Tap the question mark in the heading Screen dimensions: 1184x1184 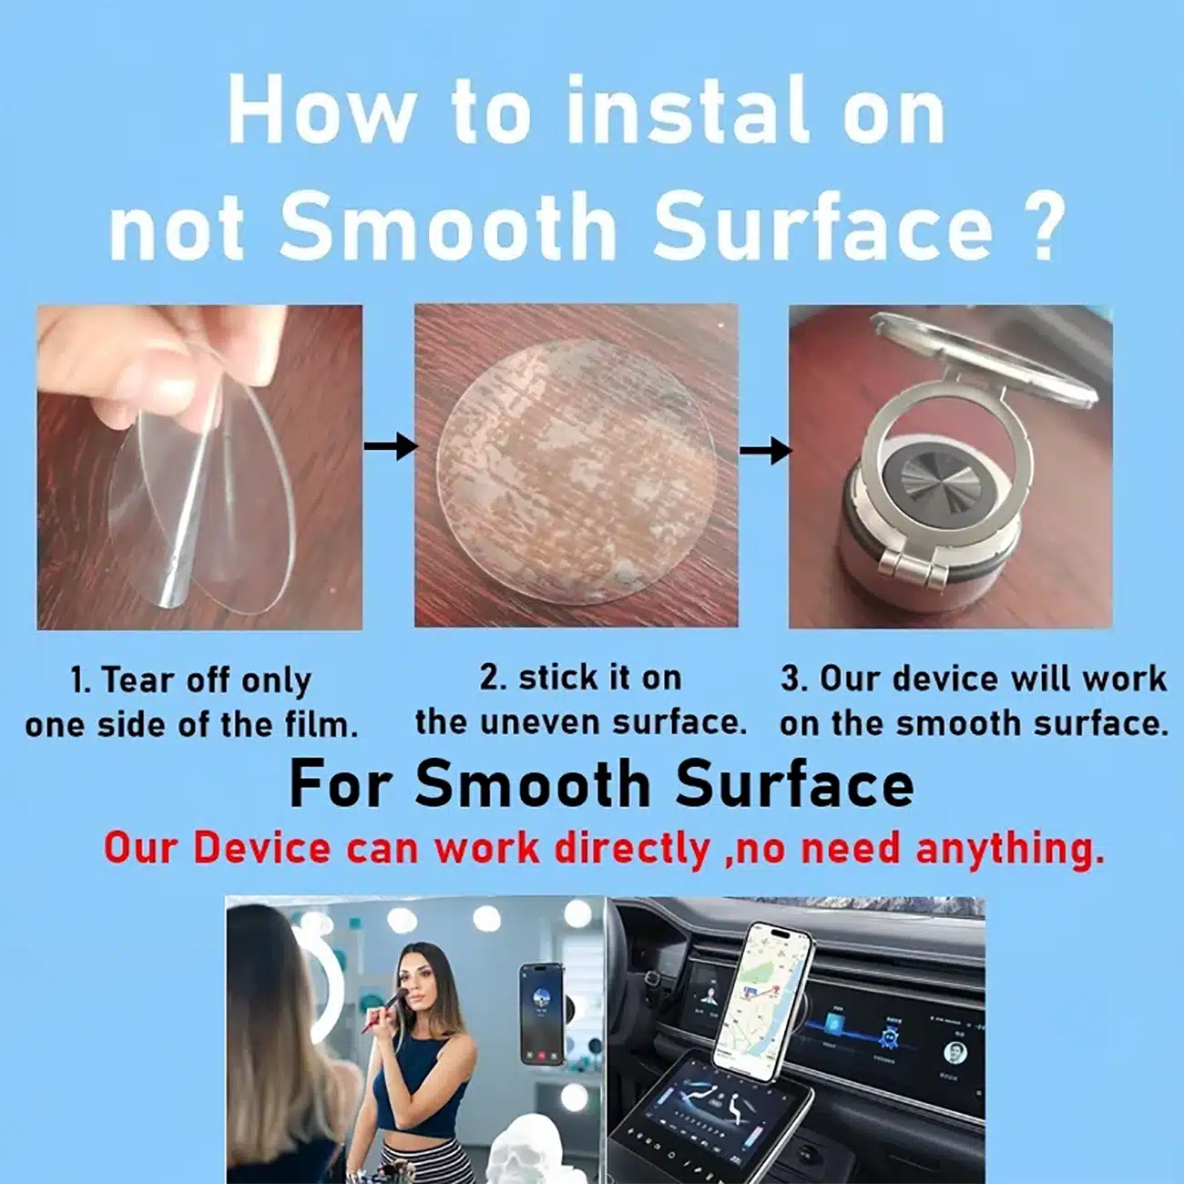[x=1041, y=225]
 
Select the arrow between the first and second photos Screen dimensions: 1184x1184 [x=391, y=445]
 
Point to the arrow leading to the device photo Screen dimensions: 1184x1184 [x=765, y=452]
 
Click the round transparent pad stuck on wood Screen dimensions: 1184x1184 [x=577, y=471]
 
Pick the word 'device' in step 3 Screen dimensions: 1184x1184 [x=947, y=679]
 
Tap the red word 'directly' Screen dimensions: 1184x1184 [x=632, y=850]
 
